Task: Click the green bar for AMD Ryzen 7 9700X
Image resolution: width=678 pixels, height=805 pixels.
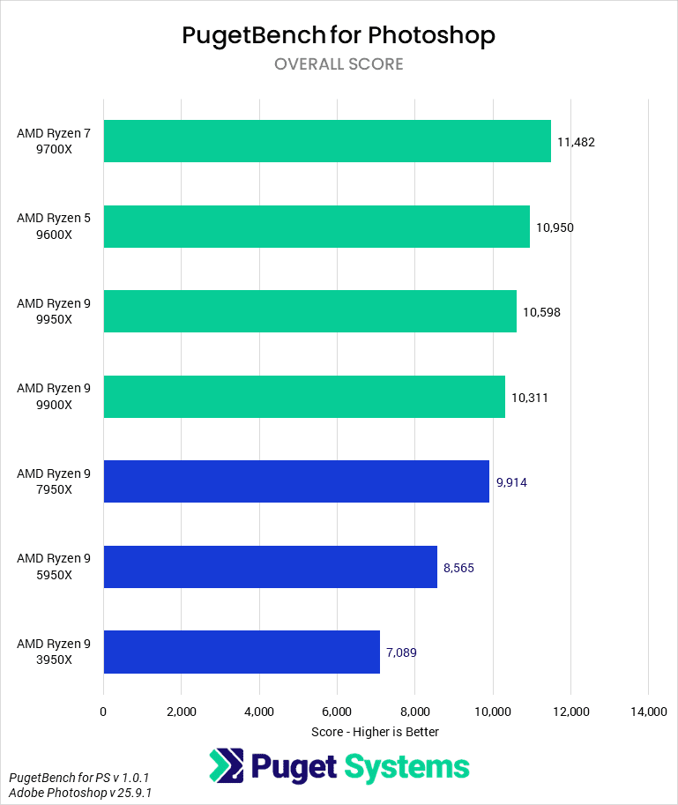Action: [x=327, y=141]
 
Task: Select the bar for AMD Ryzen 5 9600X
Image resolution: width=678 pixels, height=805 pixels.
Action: [x=317, y=227]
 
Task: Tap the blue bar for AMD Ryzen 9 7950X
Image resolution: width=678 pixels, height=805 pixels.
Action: [x=296, y=481]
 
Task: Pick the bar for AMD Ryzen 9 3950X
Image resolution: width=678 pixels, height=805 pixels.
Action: [x=242, y=652]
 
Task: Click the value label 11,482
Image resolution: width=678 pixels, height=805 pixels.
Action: [x=576, y=142]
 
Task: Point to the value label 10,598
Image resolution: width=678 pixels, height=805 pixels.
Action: [x=541, y=312]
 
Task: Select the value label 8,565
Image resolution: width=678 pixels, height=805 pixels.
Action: [x=458, y=568]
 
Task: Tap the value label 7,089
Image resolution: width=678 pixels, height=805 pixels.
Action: [x=401, y=652]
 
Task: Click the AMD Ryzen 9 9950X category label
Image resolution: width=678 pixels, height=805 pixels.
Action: [x=53, y=311]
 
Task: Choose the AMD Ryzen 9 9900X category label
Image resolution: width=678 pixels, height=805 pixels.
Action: [x=53, y=397]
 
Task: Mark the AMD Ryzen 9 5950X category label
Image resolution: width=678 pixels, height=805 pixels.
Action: [x=53, y=567]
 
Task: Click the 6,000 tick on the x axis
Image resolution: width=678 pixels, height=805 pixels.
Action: [x=337, y=712]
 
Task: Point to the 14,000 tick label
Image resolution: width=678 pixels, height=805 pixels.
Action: [x=648, y=712]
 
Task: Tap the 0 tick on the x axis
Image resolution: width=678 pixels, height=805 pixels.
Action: [x=103, y=712]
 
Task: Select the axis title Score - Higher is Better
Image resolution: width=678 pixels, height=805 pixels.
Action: [x=375, y=732]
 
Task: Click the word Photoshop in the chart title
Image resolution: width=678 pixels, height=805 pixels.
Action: [x=431, y=35]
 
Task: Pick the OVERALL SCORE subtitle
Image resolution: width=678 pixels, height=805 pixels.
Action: [x=339, y=64]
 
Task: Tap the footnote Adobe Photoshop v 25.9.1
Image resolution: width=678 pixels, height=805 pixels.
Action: [x=79, y=793]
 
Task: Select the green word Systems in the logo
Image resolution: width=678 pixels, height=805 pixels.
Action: [x=406, y=767]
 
